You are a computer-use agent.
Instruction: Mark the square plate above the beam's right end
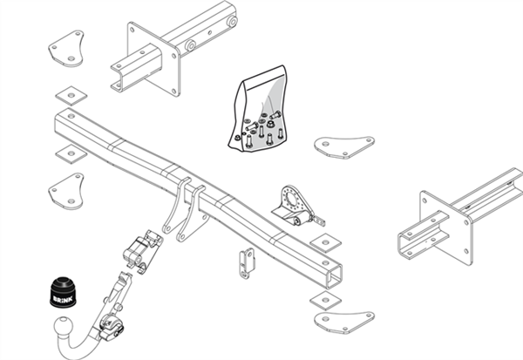[322, 241]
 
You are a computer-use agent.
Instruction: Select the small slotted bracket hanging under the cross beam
[247, 259]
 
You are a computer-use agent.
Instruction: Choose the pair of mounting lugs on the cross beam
[186, 211]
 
